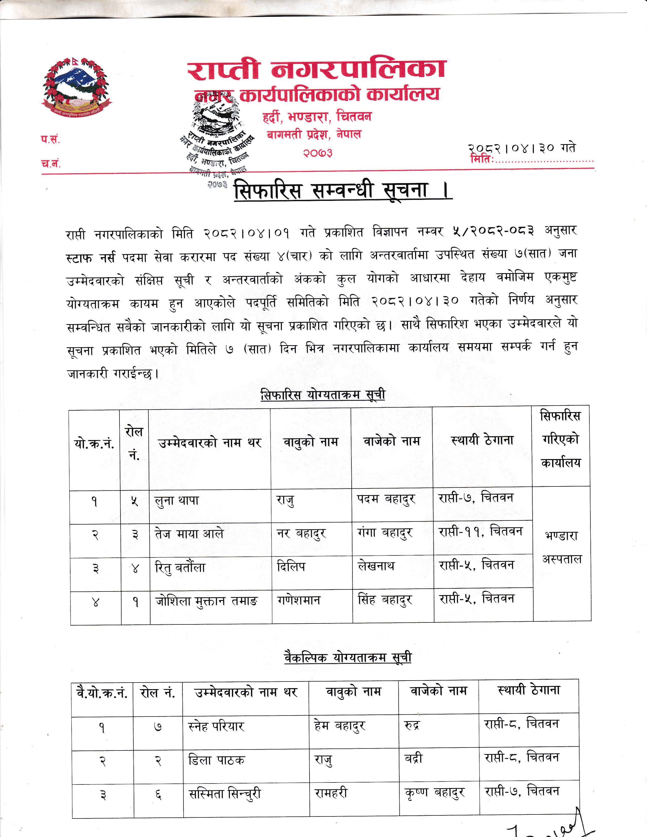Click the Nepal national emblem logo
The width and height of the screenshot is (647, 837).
pyautogui.click(x=76, y=88)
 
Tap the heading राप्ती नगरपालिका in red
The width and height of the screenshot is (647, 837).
pyautogui.click(x=317, y=70)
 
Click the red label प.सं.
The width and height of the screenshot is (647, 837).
pyautogui.click(x=50, y=139)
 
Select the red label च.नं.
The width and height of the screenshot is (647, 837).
pyautogui.click(x=50, y=164)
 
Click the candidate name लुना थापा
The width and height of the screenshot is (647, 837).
pyautogui.click(x=177, y=500)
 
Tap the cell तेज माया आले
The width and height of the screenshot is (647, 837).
pyautogui.click(x=189, y=534)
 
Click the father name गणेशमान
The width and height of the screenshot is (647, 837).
pyautogui.click(x=299, y=600)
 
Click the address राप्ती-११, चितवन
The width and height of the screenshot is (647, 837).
pyautogui.click(x=480, y=532)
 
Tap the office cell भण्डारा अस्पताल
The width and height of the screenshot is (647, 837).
pyautogui.click(x=561, y=547)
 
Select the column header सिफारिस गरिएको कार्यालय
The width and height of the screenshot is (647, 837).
pyautogui.click(x=560, y=439)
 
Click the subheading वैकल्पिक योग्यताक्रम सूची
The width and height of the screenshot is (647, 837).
pyautogui.click(x=348, y=658)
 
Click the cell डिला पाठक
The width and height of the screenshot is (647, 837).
pyautogui.click(x=216, y=760)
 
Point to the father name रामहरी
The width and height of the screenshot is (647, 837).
pyautogui.click(x=331, y=793)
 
